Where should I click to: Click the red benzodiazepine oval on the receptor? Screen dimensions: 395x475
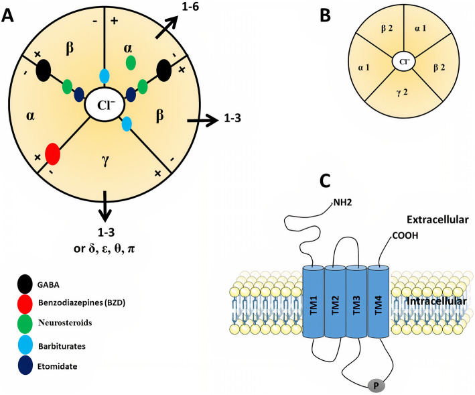click(53, 154)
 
